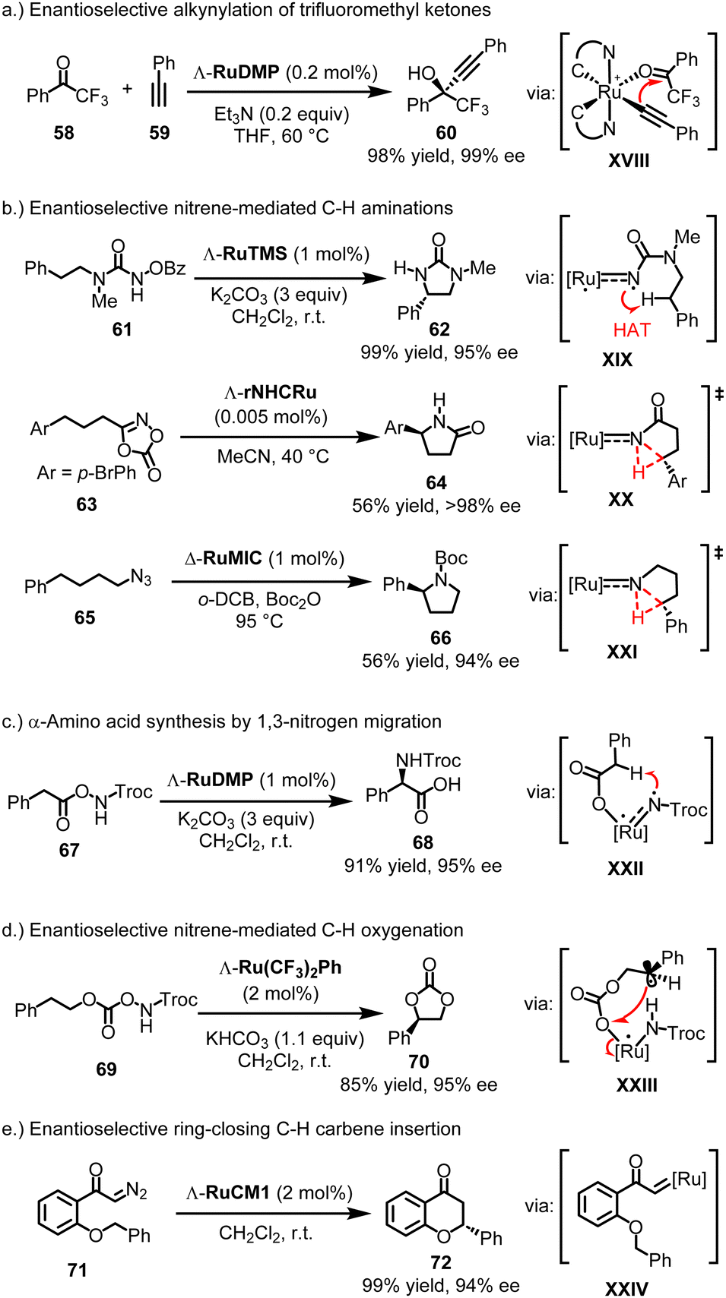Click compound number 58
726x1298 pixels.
(x=64, y=133)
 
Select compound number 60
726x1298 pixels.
(x=446, y=133)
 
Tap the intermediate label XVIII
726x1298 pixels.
(x=629, y=160)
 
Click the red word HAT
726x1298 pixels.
(x=632, y=330)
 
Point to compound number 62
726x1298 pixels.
(x=439, y=329)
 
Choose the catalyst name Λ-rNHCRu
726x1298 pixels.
(x=270, y=393)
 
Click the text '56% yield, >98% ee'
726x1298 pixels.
(x=436, y=506)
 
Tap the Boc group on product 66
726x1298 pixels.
(x=451, y=558)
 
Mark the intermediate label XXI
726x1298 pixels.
(x=622, y=652)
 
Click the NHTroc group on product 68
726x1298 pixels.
(x=428, y=760)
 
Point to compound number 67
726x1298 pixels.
(x=69, y=849)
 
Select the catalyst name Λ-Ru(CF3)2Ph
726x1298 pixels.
(x=280, y=968)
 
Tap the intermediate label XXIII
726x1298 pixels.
(x=636, y=1085)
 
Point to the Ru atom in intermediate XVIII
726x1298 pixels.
(x=610, y=92)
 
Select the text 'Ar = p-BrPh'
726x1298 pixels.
(x=87, y=473)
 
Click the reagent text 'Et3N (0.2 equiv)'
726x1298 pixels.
(x=281, y=114)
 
